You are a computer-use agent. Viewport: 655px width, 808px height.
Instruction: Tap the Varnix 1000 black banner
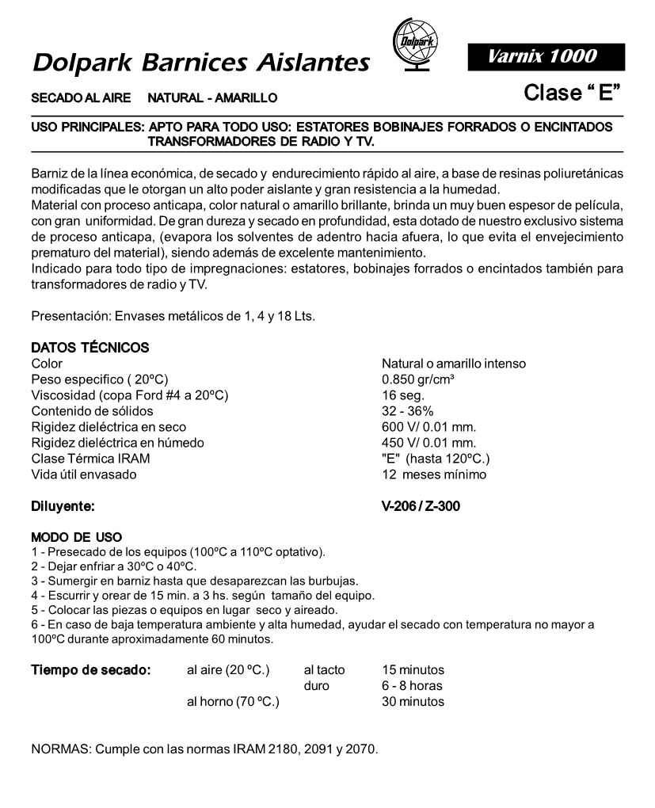[x=546, y=56]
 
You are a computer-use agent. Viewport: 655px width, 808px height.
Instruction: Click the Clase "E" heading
[x=571, y=93]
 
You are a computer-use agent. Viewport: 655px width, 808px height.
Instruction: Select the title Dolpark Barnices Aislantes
[x=201, y=62]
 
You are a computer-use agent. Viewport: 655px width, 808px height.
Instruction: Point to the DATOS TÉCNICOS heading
[x=89, y=348]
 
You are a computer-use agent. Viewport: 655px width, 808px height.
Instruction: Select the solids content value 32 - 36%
[x=407, y=411]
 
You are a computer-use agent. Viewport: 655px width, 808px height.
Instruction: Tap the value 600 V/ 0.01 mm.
[x=428, y=427]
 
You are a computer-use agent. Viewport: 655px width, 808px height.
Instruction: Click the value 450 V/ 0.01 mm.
[x=428, y=443]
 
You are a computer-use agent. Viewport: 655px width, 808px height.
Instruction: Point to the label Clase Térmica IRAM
[x=90, y=459]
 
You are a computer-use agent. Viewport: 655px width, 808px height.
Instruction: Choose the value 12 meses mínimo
[x=434, y=475]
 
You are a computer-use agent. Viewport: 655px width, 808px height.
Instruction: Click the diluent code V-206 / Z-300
[x=421, y=505]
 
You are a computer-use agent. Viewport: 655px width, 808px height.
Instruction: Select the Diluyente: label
[x=63, y=505]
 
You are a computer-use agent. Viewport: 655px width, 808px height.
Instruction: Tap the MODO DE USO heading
[x=76, y=537]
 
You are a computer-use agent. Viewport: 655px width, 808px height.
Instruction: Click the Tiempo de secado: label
[x=91, y=670]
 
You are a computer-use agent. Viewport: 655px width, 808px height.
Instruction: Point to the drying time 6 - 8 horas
[x=412, y=686]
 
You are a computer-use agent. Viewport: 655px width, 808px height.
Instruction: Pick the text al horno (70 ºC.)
[x=233, y=701]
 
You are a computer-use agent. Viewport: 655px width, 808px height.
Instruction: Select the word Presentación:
[x=67, y=317]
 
